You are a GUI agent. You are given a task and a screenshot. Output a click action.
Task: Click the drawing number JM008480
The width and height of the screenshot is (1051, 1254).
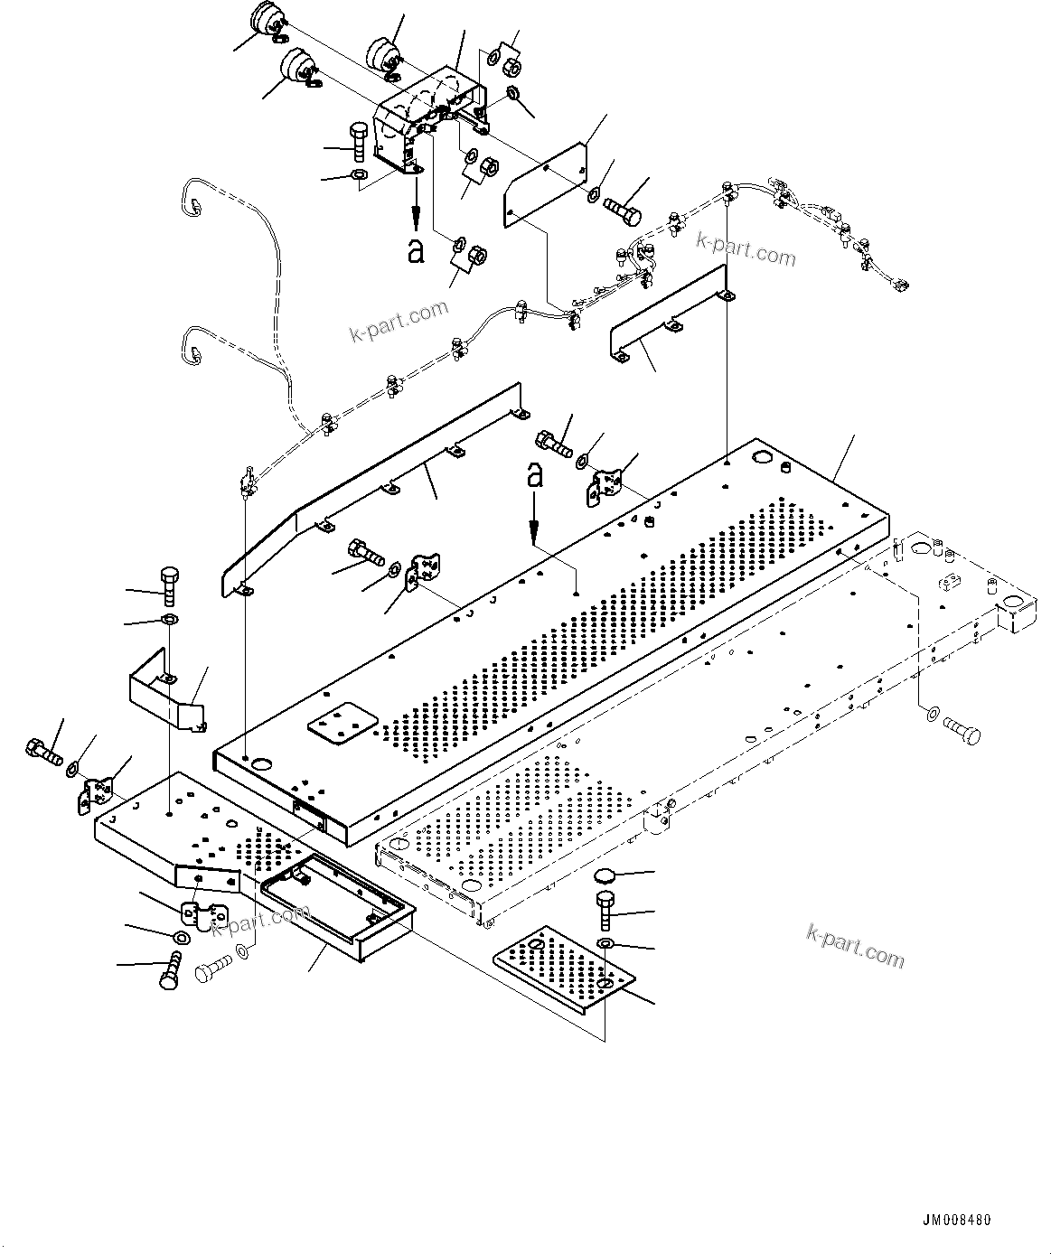click(957, 1220)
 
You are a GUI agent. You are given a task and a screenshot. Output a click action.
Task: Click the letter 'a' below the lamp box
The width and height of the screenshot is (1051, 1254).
click(416, 251)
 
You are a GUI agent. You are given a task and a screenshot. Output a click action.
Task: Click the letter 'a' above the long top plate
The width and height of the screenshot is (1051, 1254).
click(535, 475)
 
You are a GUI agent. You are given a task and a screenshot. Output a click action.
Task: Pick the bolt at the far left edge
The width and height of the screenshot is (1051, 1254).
click(42, 751)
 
